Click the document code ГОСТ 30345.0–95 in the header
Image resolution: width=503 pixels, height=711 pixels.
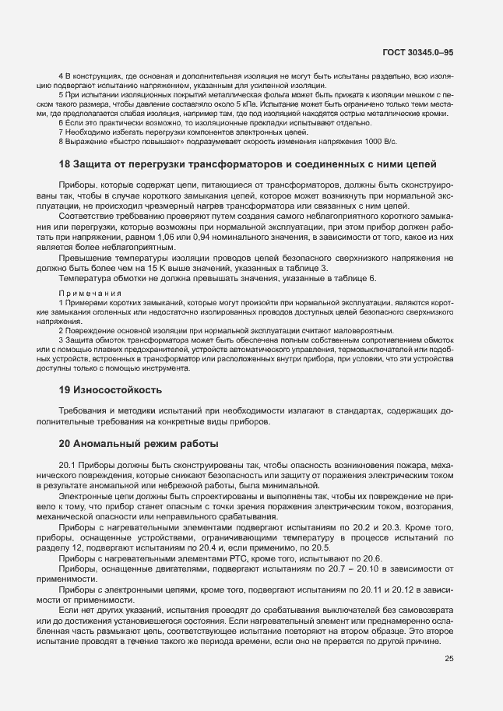coord(417,51)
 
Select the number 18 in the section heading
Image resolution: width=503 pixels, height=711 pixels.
coord(65,164)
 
